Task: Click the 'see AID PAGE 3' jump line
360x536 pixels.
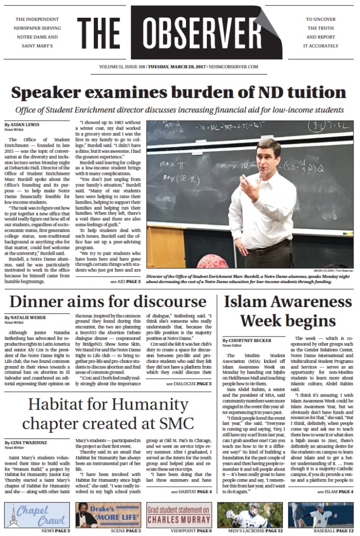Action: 126,281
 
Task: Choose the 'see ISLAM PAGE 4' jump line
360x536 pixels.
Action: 335,491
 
